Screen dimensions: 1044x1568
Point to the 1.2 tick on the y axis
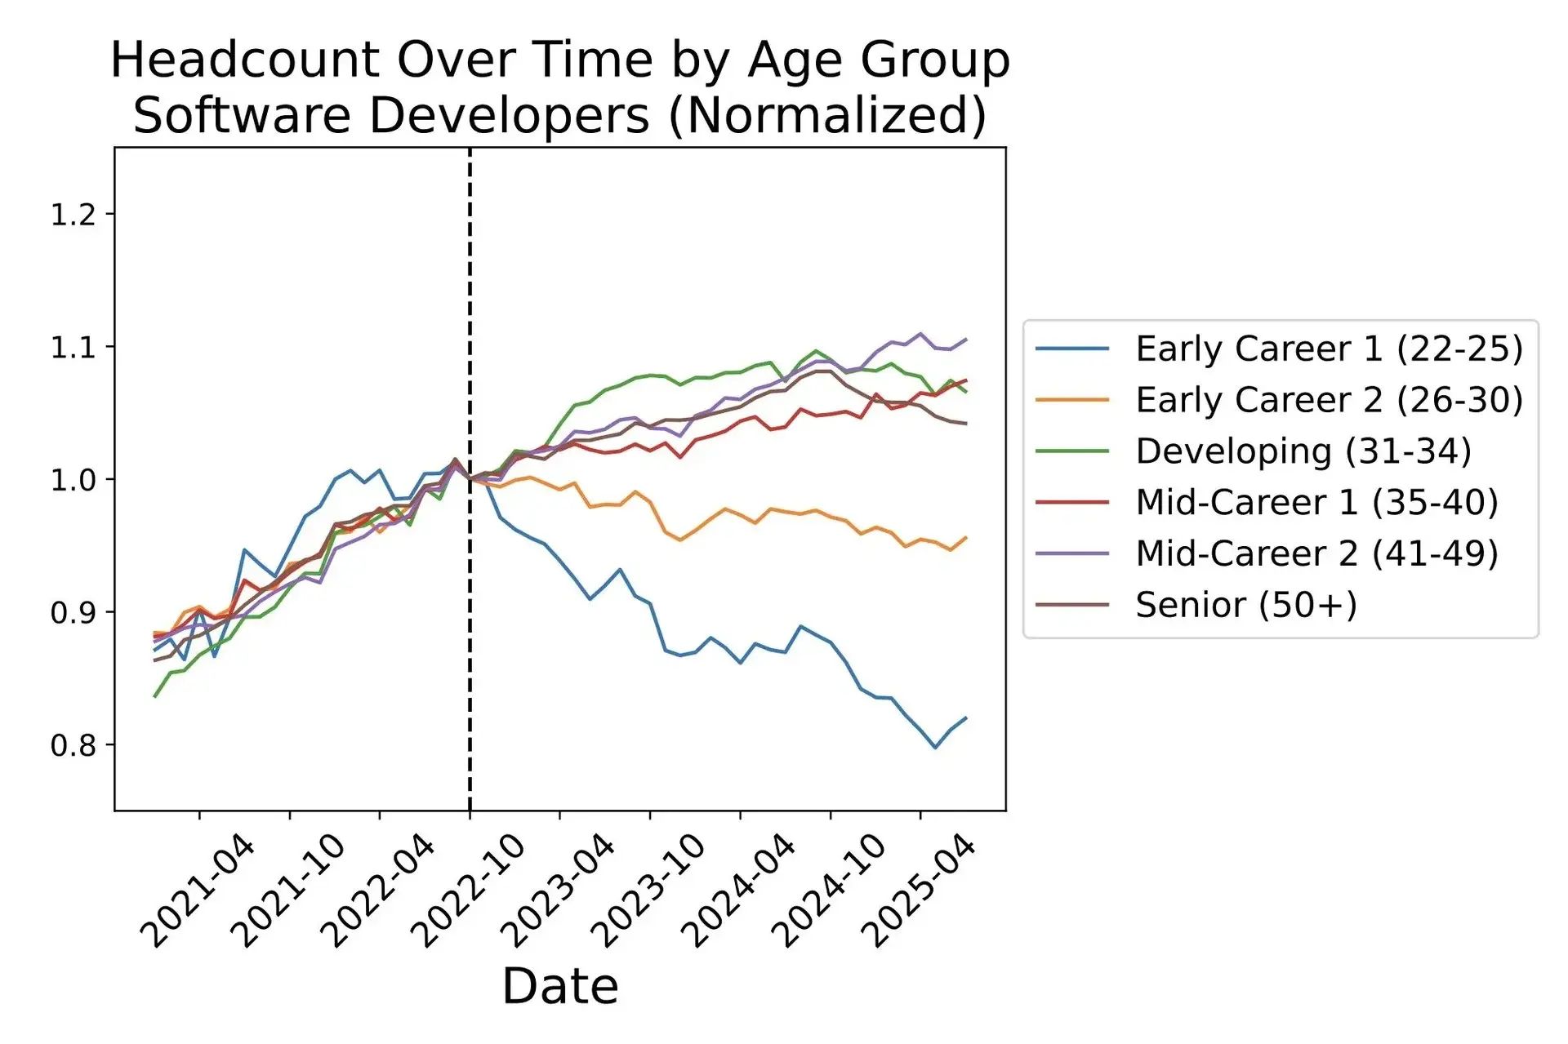[x=73, y=215]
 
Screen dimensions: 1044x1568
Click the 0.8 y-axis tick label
[x=73, y=744]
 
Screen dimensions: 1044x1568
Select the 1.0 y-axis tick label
[x=73, y=479]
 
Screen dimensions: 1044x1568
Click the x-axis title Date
[x=559, y=986]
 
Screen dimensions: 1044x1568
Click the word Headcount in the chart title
[x=244, y=60]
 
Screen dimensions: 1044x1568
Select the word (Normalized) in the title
[x=827, y=115]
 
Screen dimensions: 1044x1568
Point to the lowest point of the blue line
[x=935, y=748]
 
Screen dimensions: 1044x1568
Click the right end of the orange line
[x=966, y=537]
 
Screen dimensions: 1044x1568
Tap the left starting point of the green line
[x=154, y=696]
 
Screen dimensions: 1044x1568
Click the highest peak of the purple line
[x=920, y=333]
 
